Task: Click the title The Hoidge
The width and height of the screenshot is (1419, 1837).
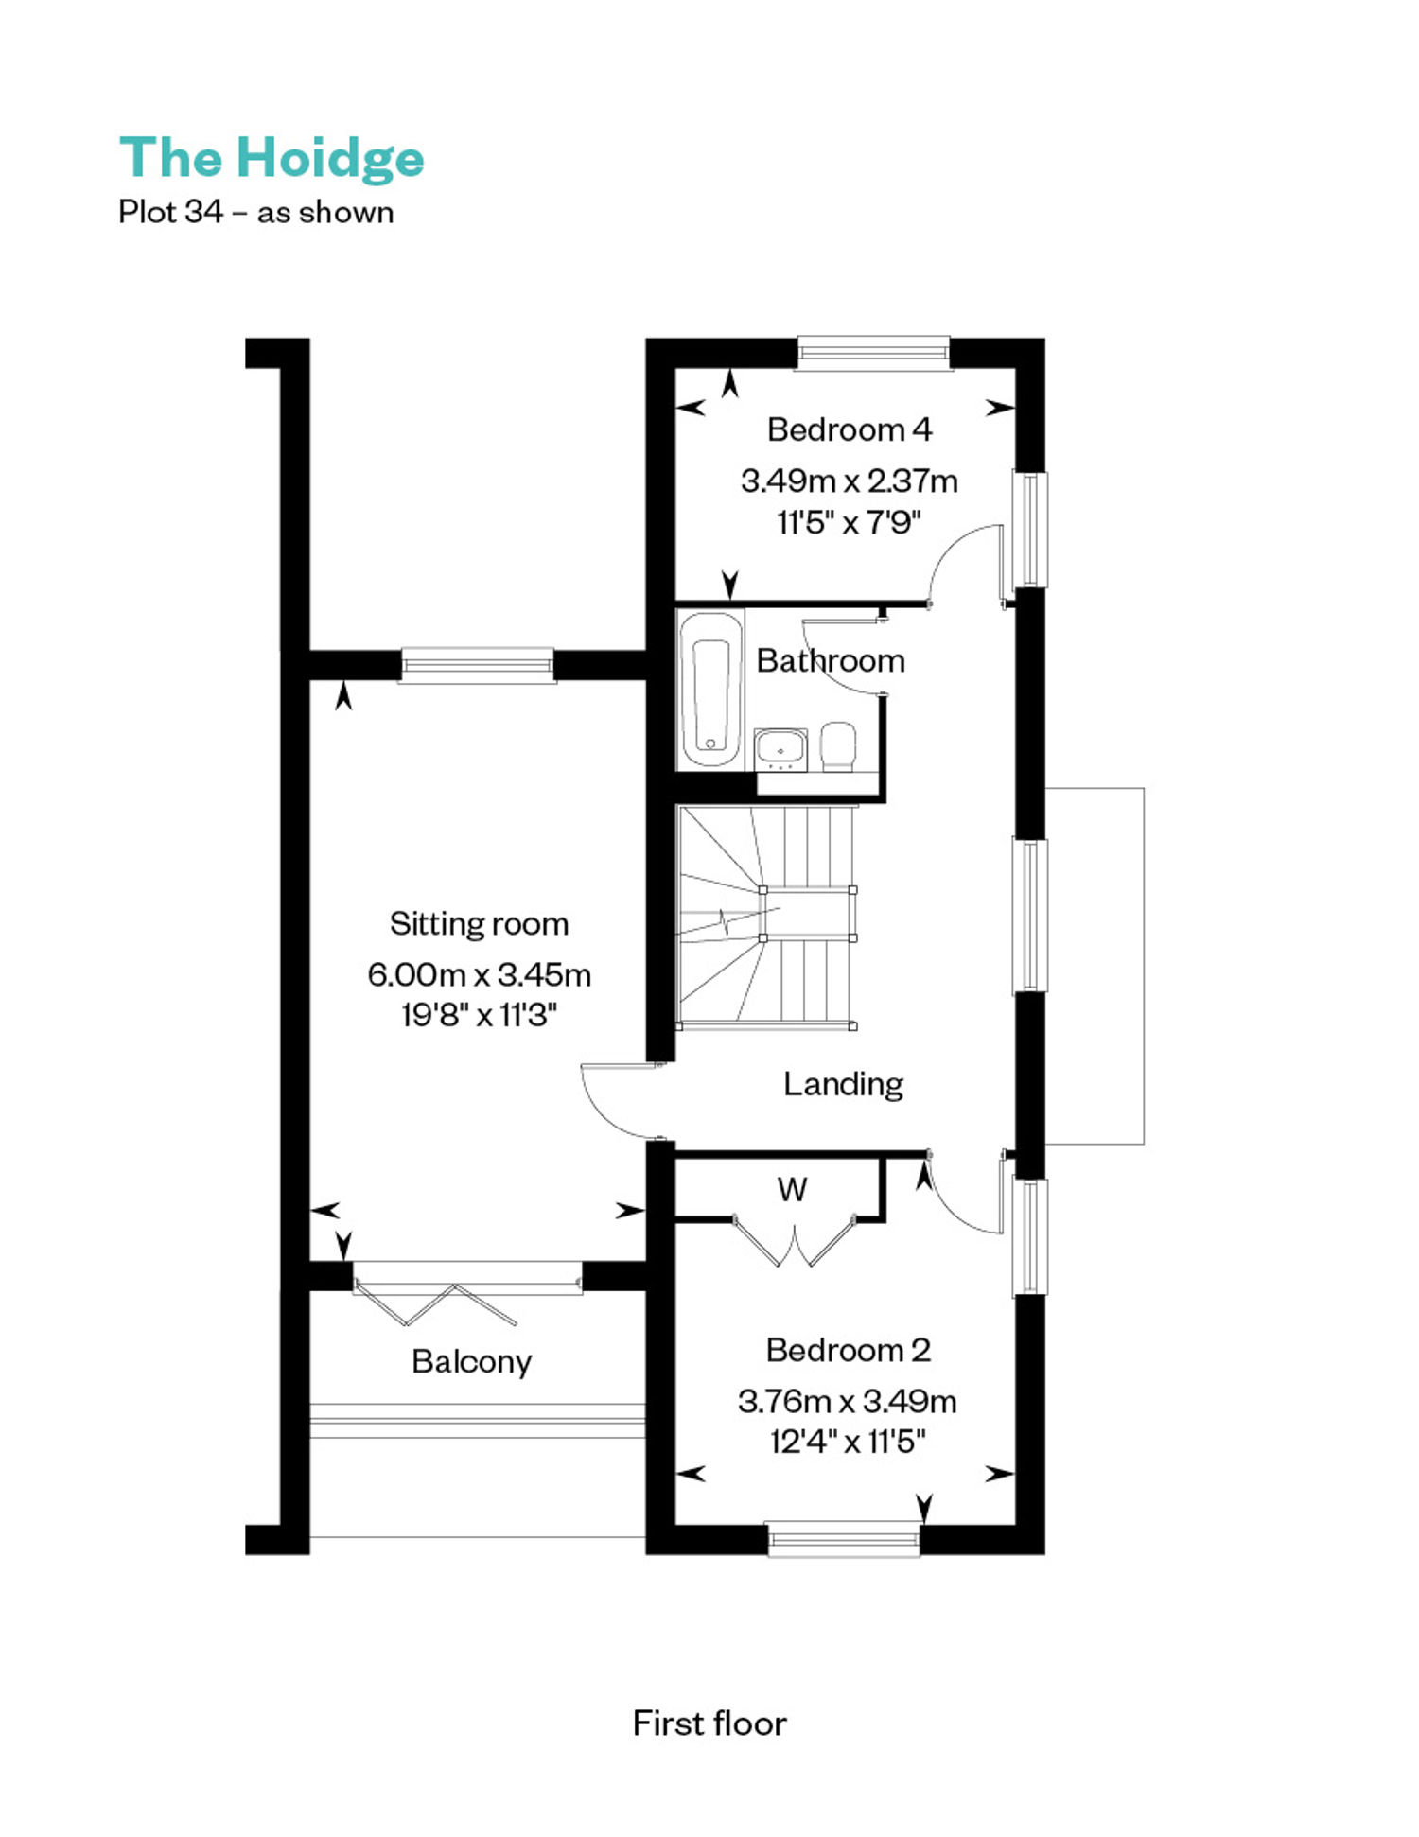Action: [272, 158]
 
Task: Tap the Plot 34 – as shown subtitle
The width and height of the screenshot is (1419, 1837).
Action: [255, 212]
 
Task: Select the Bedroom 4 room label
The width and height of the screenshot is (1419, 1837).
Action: [849, 429]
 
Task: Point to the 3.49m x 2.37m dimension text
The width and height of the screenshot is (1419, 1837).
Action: [849, 481]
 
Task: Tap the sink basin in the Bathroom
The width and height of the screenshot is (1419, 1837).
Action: [780, 749]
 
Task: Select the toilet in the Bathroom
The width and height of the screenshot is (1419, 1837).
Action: [838, 746]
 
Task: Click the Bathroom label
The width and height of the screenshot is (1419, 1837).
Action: [831, 660]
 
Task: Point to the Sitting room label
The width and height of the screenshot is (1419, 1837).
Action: [479, 923]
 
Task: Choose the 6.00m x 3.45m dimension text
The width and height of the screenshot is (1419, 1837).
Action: [479, 974]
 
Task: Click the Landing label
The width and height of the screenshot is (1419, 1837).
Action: [843, 1084]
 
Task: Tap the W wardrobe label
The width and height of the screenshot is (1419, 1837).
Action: [792, 1189]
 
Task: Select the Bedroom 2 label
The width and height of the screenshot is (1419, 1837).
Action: [848, 1350]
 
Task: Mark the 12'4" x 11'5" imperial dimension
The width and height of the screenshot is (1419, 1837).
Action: [848, 1442]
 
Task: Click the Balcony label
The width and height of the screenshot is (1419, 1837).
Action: [471, 1361]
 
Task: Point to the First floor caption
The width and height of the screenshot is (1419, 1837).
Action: [709, 1723]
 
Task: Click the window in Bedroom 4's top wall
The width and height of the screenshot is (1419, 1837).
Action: [873, 353]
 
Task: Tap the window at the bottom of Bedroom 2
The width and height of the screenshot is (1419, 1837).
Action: [843, 1539]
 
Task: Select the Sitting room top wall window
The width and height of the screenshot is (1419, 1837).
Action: [478, 665]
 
